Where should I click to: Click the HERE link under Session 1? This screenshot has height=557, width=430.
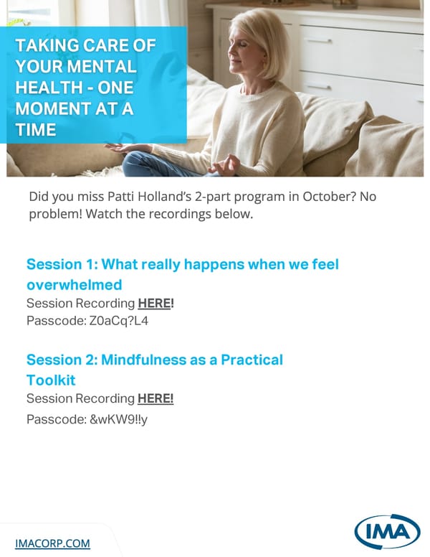click(x=156, y=304)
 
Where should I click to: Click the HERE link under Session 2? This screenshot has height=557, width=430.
click(x=156, y=398)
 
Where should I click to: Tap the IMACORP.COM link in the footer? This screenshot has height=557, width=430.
click(x=53, y=543)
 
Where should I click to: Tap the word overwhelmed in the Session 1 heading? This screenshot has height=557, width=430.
click(x=74, y=284)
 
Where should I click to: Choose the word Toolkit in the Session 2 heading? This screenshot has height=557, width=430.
click(x=51, y=380)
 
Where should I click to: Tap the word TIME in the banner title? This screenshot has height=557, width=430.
click(x=36, y=130)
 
